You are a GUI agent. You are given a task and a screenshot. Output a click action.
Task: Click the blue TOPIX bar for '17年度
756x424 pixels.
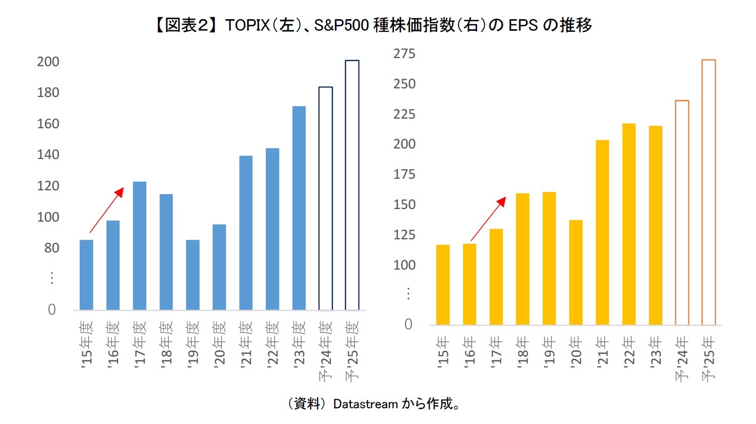pyautogui.click(x=139, y=246)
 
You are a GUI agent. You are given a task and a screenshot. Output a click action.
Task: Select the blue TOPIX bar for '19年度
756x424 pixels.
pyautogui.click(x=193, y=275)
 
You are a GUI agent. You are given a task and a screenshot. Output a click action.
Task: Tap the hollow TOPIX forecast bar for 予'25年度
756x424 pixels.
pyautogui.click(x=352, y=185)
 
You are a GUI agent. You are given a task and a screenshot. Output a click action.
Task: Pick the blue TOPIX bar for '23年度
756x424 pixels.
pyautogui.click(x=299, y=208)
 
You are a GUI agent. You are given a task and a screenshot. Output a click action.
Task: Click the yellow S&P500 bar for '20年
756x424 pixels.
pyautogui.click(x=575, y=273)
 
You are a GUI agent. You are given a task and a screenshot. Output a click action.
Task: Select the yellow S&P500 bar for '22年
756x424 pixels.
pyautogui.click(x=629, y=224)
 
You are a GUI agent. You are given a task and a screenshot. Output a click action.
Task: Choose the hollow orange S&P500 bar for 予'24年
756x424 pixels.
pyautogui.click(x=682, y=213)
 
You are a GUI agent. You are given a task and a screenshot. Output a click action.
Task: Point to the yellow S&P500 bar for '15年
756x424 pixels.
pyautogui.click(x=443, y=285)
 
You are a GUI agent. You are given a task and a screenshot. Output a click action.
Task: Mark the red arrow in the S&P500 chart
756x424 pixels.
pyautogui.click(x=488, y=219)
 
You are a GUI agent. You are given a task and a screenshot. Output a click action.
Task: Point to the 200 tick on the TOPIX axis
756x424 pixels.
pyautogui.click(x=48, y=62)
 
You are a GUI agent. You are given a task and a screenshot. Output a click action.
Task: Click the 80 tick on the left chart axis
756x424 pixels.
pyautogui.click(x=51, y=248)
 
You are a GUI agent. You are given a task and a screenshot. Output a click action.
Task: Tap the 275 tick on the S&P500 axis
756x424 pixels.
pyautogui.click(x=404, y=54)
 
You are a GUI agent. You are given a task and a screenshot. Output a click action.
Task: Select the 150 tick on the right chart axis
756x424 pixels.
pyautogui.click(x=404, y=204)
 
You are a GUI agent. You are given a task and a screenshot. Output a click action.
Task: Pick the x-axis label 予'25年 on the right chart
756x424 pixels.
pyautogui.click(x=709, y=358)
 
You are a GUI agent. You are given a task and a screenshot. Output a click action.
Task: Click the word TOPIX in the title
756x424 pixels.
pyautogui.click(x=247, y=25)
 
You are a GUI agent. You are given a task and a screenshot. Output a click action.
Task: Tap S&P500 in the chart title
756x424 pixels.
pyautogui.click(x=341, y=25)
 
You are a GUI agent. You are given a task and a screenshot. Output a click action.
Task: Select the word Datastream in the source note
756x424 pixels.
pyautogui.click(x=366, y=404)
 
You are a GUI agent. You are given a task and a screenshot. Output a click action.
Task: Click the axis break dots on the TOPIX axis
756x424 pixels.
pyautogui.click(x=51, y=278)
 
